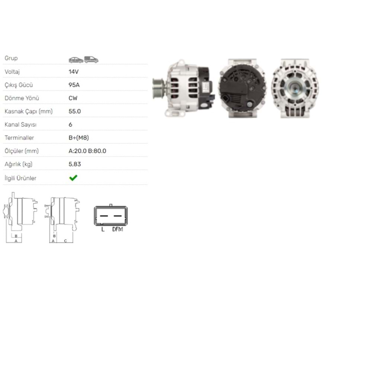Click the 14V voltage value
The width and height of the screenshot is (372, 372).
click(74, 72)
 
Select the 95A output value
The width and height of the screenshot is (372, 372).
click(74, 85)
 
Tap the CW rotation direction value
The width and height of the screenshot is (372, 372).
click(73, 98)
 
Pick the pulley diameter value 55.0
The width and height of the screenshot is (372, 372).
click(75, 111)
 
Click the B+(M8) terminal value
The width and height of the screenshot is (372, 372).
click(79, 138)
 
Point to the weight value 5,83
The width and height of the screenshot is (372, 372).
click(75, 164)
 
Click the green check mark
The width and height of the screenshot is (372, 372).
click(73, 178)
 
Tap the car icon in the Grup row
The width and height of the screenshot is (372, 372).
click(76, 60)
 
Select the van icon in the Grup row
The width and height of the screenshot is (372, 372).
click(92, 60)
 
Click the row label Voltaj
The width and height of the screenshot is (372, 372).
click(12, 72)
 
